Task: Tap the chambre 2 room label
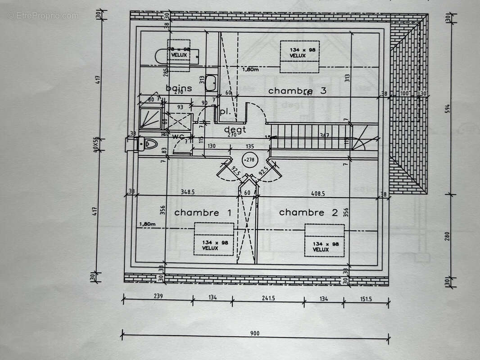click(x=308, y=212)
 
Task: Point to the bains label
click(x=179, y=88)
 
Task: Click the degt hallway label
click(x=235, y=130)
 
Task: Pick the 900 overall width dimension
click(x=255, y=333)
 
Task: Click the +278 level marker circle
click(x=248, y=159)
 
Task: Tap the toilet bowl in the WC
click(x=150, y=144)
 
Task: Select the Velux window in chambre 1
click(x=214, y=239)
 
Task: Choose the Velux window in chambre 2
click(x=324, y=240)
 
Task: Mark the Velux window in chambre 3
click(x=299, y=56)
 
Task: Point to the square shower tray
click(x=150, y=118)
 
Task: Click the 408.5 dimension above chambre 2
click(x=318, y=193)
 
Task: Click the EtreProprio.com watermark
click(x=43, y=16)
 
